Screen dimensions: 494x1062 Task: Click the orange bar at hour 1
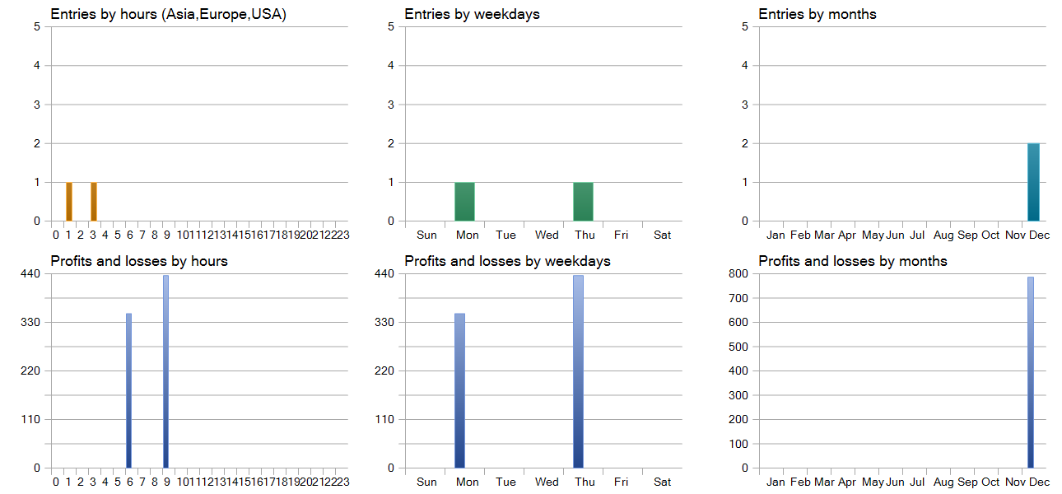(69, 202)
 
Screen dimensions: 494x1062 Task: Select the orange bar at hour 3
(94, 202)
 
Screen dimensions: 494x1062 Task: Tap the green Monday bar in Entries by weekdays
(464, 202)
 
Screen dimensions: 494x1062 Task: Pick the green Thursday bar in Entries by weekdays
(583, 202)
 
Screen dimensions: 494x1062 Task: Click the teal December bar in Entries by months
(1033, 182)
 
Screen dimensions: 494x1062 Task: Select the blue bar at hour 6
(128, 390)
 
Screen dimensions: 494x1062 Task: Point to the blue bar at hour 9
(165, 371)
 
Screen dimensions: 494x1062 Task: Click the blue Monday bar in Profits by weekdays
(459, 390)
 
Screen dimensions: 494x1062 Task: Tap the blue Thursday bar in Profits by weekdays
(578, 371)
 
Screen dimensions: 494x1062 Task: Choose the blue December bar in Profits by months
(1030, 372)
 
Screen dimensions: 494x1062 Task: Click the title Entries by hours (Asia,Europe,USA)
(168, 14)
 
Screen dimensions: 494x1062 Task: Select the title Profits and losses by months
(853, 261)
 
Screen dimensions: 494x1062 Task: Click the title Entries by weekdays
(472, 14)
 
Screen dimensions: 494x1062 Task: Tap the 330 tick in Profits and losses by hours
(30, 322)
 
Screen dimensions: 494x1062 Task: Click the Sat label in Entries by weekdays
(662, 235)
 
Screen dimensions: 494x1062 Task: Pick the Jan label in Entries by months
(776, 235)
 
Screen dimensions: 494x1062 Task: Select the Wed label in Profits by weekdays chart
(547, 482)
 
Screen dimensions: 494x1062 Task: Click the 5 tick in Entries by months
(745, 26)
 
